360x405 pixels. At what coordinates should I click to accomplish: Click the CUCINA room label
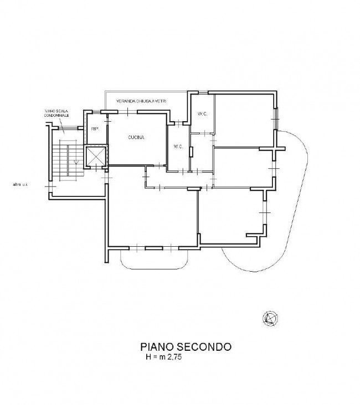pyautogui.click(x=136, y=137)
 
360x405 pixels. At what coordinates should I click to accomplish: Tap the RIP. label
pyautogui.click(x=95, y=129)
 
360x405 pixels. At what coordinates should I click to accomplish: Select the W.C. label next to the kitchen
pyautogui.click(x=178, y=147)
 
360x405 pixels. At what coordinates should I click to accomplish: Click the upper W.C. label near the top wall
pyautogui.click(x=203, y=113)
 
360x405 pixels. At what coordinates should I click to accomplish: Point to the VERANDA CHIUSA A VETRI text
pyautogui.click(x=141, y=101)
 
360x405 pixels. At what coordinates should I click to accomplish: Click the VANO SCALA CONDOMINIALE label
pyautogui.click(x=56, y=113)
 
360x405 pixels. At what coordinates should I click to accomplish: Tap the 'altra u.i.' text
pyautogui.click(x=20, y=184)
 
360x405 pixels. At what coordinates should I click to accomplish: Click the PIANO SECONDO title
pyautogui.click(x=186, y=346)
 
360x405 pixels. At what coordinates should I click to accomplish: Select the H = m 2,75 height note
pyautogui.click(x=164, y=357)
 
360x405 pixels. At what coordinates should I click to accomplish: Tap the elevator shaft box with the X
pyautogui.click(x=96, y=156)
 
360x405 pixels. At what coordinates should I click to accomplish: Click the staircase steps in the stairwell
pyautogui.click(x=68, y=160)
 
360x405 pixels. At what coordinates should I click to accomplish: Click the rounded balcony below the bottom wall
pyautogui.click(x=154, y=259)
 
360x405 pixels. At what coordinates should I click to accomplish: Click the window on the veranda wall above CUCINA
pyautogui.click(x=127, y=112)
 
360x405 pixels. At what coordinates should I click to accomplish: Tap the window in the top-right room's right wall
pyautogui.click(x=276, y=118)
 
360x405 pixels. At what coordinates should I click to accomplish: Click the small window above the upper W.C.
pyautogui.click(x=203, y=92)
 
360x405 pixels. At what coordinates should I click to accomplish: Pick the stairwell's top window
pyautogui.click(x=68, y=128)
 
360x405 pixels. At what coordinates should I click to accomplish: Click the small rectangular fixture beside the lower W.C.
pyautogui.click(x=191, y=152)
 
